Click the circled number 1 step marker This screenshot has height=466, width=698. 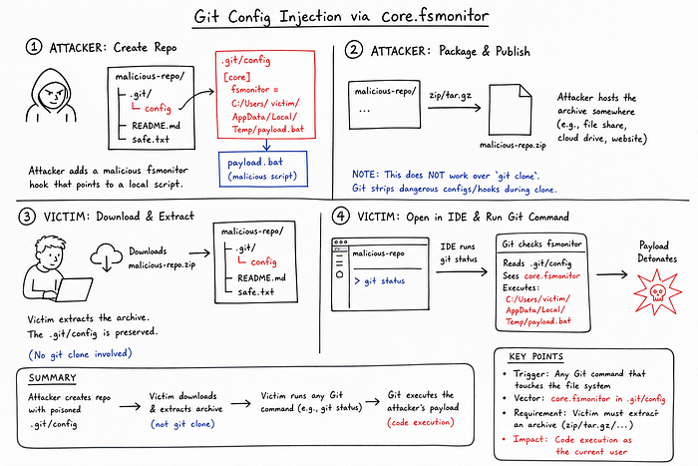pyautogui.click(x=34, y=47)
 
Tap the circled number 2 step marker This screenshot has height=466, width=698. pyautogui.click(x=354, y=50)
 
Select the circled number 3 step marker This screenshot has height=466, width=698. pyautogui.click(x=27, y=217)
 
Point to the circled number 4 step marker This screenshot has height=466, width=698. pyautogui.click(x=341, y=217)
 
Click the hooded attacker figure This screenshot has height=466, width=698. pyautogui.click(x=51, y=96)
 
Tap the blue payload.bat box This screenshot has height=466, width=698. pyautogui.click(x=263, y=169)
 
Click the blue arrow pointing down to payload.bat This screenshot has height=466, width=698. pyautogui.click(x=266, y=145)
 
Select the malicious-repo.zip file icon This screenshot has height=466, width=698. pyautogui.click(x=511, y=110)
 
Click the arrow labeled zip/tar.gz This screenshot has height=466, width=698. pyautogui.click(x=455, y=108)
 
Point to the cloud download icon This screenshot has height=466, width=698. pyautogui.click(x=107, y=257)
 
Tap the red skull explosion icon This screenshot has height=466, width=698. pyautogui.click(x=657, y=292)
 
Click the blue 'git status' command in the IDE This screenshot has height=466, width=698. pyautogui.click(x=380, y=281)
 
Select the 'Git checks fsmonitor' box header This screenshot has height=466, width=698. pyautogui.click(x=541, y=243)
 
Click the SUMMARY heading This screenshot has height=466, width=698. pyautogui.click(x=53, y=378)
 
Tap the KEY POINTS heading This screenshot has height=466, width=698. pyautogui.click(x=536, y=356)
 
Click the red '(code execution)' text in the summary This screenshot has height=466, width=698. pyautogui.click(x=421, y=421)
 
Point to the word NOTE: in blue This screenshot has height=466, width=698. pyautogui.click(x=366, y=175)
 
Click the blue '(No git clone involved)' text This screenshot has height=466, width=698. pyautogui.click(x=80, y=354)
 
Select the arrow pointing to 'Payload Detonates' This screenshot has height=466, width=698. pyautogui.click(x=612, y=274)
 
